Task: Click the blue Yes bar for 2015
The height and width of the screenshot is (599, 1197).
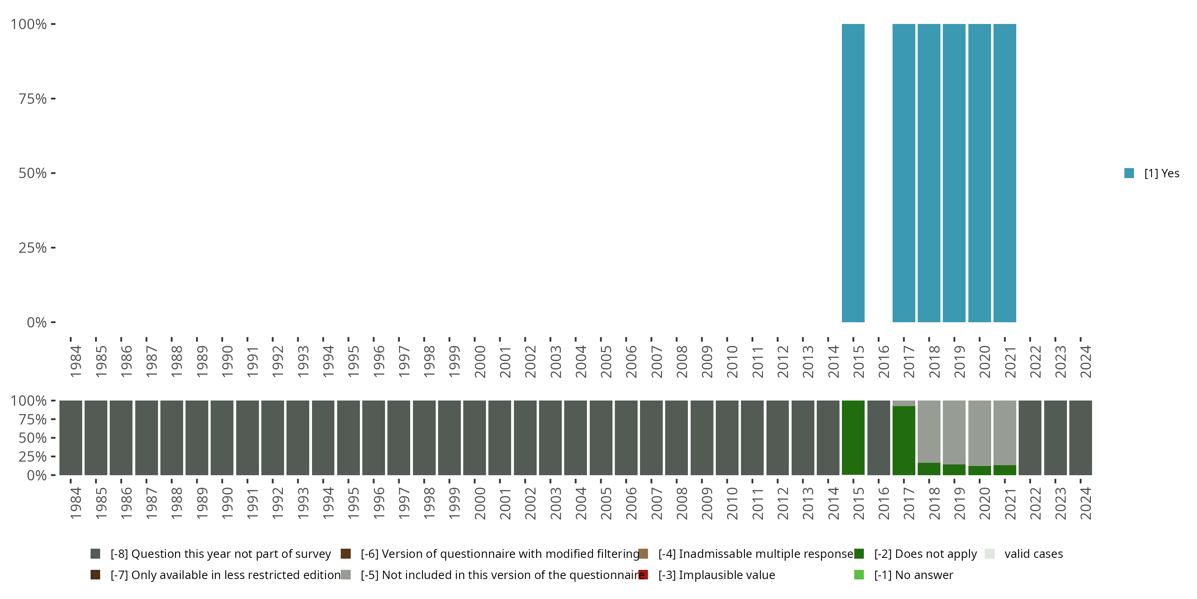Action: point(853,173)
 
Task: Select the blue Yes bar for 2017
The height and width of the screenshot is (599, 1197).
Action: point(904,173)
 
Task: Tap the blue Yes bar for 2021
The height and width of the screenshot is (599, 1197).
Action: point(1005,173)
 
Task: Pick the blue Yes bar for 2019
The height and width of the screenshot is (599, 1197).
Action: point(954,173)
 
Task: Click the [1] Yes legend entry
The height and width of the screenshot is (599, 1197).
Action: point(1152,173)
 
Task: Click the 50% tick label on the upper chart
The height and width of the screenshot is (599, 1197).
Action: point(33,173)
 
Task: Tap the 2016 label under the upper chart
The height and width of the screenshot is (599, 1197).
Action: point(884,362)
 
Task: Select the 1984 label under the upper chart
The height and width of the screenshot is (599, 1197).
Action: point(76,362)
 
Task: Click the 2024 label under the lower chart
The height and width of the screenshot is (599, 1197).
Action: point(1085,504)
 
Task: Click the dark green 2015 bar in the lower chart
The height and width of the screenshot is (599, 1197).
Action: point(853,438)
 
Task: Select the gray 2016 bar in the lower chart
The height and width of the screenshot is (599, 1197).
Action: point(879,438)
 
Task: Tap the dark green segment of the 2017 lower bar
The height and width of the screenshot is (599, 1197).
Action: point(904,440)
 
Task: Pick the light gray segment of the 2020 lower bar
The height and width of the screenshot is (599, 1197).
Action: point(980,433)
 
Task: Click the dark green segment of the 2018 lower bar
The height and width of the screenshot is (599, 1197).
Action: point(929,469)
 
